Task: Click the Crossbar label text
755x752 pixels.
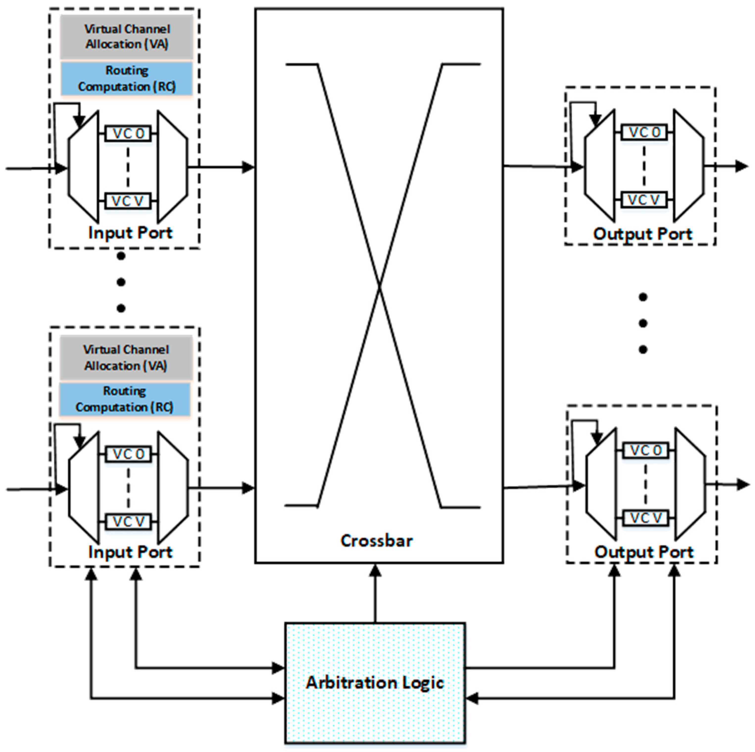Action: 376,541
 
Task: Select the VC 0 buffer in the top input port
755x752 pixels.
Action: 128,134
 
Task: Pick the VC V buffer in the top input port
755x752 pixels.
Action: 128,201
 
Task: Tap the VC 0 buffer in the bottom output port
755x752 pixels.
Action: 646,450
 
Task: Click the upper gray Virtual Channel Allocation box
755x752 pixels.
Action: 127,37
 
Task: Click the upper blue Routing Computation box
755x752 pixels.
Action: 127,78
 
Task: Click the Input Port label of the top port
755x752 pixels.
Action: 130,233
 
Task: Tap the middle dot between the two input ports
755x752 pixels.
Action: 121,282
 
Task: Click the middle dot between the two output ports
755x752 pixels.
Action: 643,323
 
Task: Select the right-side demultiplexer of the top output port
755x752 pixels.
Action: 689,165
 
